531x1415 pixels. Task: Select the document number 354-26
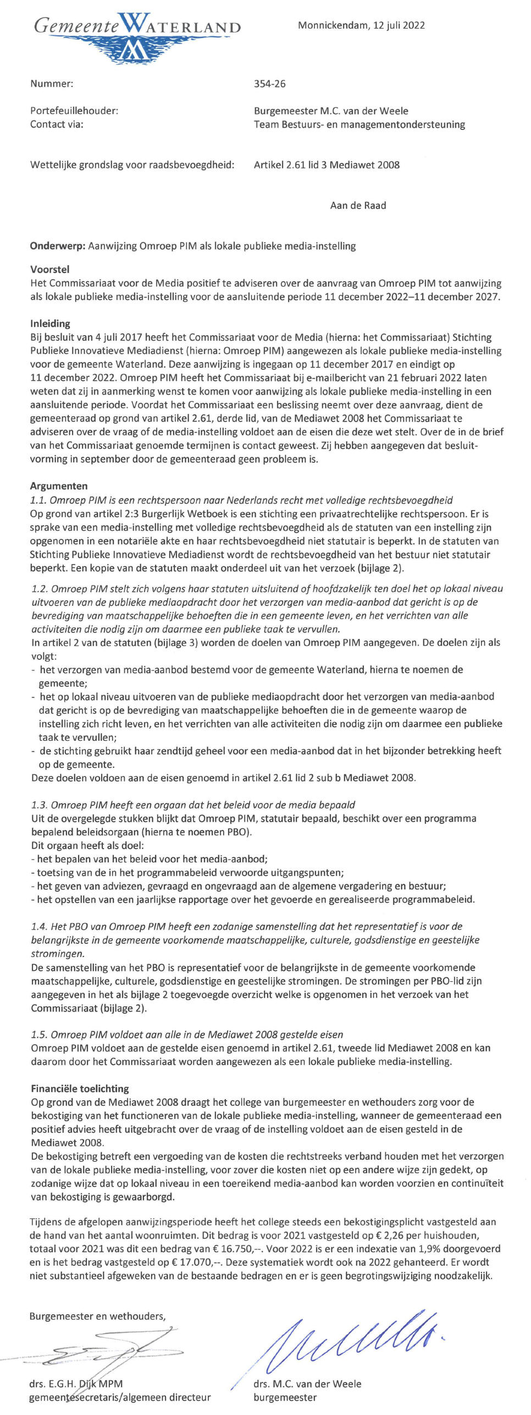click(269, 84)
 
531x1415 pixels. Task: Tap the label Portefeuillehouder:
click(74, 111)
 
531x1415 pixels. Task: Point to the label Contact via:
click(57, 124)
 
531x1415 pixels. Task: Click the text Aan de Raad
click(358, 205)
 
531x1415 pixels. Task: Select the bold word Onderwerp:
click(57, 246)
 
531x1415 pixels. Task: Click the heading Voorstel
click(49, 270)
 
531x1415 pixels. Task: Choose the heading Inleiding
click(50, 324)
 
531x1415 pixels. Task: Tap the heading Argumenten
click(59, 486)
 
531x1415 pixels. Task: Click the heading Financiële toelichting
click(80, 1089)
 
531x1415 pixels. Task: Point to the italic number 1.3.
click(39, 805)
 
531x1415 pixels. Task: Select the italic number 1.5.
click(39, 1035)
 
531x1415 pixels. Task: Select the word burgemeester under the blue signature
click(285, 1397)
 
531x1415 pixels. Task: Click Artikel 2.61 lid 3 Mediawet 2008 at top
click(327, 165)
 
